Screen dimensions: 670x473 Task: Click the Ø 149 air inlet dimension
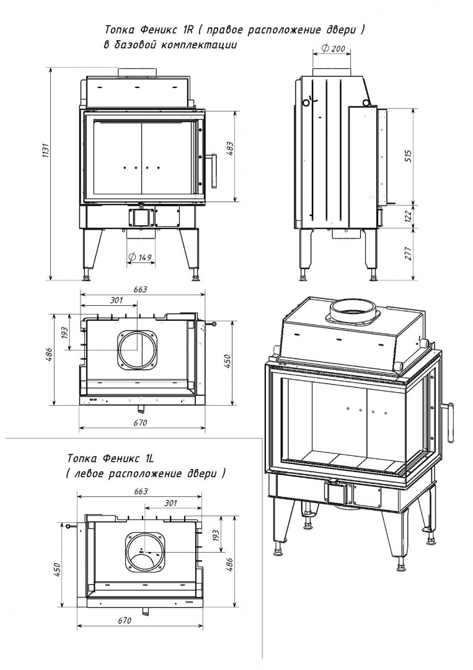tap(141, 257)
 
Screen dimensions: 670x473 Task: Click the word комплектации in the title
tap(201, 45)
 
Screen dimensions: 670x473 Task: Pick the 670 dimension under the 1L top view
tap(125, 620)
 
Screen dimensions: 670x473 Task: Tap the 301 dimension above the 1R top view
tap(116, 301)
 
